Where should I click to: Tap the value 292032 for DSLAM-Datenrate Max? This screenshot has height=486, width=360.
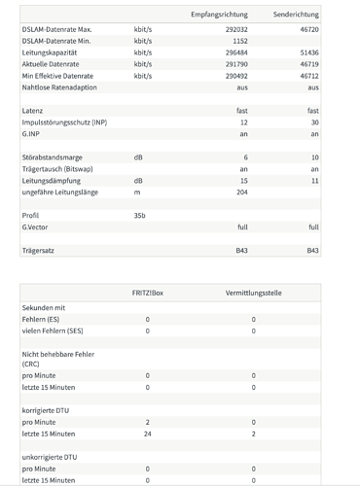pos(234,31)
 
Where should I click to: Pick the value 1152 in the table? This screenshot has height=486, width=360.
pos(239,42)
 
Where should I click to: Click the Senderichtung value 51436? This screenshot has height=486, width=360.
pos(306,53)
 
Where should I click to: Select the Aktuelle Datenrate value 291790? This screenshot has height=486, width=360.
pos(234,64)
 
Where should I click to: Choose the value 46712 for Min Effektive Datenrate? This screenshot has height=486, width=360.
pos(306,75)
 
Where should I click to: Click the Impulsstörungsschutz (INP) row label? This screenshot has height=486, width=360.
pos(65,122)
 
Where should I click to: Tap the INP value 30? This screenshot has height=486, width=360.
pos(313,122)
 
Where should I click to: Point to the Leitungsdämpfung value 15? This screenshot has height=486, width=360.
pos(243,180)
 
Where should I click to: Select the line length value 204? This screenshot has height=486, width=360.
pos(241,191)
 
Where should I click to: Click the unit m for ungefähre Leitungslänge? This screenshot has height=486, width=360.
pos(137,191)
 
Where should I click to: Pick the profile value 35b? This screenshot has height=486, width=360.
pos(140,215)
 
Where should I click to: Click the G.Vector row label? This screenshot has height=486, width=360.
pos(38,226)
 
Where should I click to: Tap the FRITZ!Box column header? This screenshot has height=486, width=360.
pos(148,292)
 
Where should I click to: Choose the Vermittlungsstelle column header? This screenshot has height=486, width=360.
pos(254,292)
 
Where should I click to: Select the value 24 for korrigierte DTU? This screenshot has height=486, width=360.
pos(148,434)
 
